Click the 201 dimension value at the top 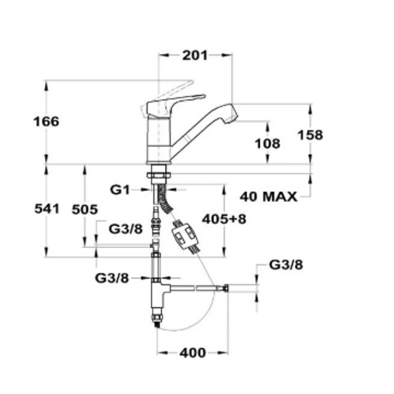coord(195,55)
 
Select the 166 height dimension coord(46,122)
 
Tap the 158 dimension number coord(310,135)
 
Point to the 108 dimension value coord(267,144)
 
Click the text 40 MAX coord(268,197)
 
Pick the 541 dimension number coord(47,209)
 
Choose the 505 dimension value coord(85,210)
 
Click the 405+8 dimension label coord(224,219)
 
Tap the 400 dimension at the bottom coord(193,353)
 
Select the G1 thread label coord(120,190)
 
